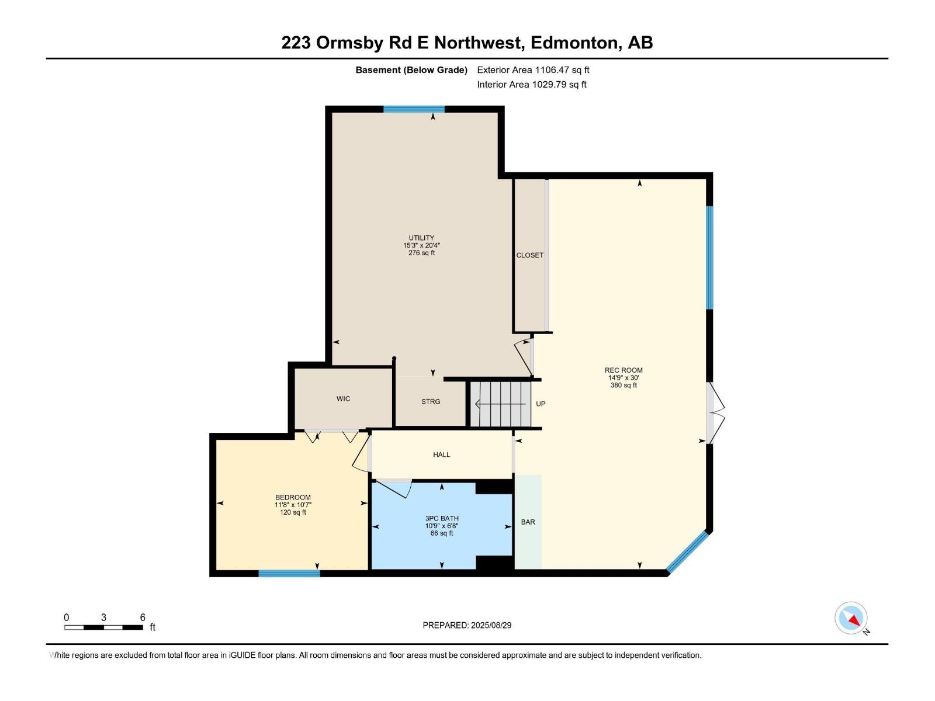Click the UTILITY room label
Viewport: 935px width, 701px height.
(421, 238)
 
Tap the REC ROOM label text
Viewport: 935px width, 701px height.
(624, 370)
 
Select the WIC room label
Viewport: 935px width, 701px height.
(343, 398)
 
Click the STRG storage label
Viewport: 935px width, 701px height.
(431, 401)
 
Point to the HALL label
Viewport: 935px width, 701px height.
(441, 454)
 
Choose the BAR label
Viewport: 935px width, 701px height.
(528, 522)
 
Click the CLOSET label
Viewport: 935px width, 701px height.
(529, 255)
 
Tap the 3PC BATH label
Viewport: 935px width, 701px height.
(442, 518)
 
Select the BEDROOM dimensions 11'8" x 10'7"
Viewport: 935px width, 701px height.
(293, 505)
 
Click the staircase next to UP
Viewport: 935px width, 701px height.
(501, 404)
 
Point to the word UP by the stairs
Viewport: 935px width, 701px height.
(541, 404)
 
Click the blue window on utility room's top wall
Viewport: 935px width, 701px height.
(414, 109)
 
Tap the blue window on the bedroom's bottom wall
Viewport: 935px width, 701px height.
(289, 574)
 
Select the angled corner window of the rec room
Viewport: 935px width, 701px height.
(688, 553)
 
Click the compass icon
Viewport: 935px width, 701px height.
(851, 618)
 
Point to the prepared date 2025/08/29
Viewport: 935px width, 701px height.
(490, 625)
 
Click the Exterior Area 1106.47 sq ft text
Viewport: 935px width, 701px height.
(533, 70)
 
